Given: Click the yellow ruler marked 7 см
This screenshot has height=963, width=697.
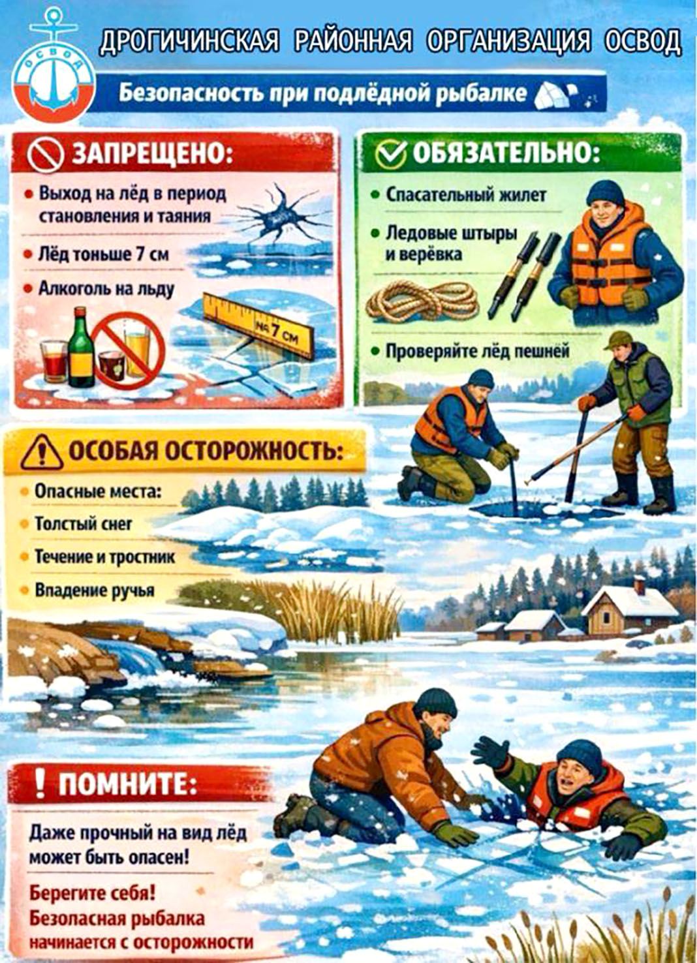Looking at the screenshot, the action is pos(258,325).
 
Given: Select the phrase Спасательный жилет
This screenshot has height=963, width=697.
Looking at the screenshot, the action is pos(466,195).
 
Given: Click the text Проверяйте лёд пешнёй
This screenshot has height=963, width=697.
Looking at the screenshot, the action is pos(477,351).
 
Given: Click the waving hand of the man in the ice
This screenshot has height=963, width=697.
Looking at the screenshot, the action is pos(491,751).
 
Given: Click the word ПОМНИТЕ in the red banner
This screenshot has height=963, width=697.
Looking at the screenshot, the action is pos(127,784).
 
